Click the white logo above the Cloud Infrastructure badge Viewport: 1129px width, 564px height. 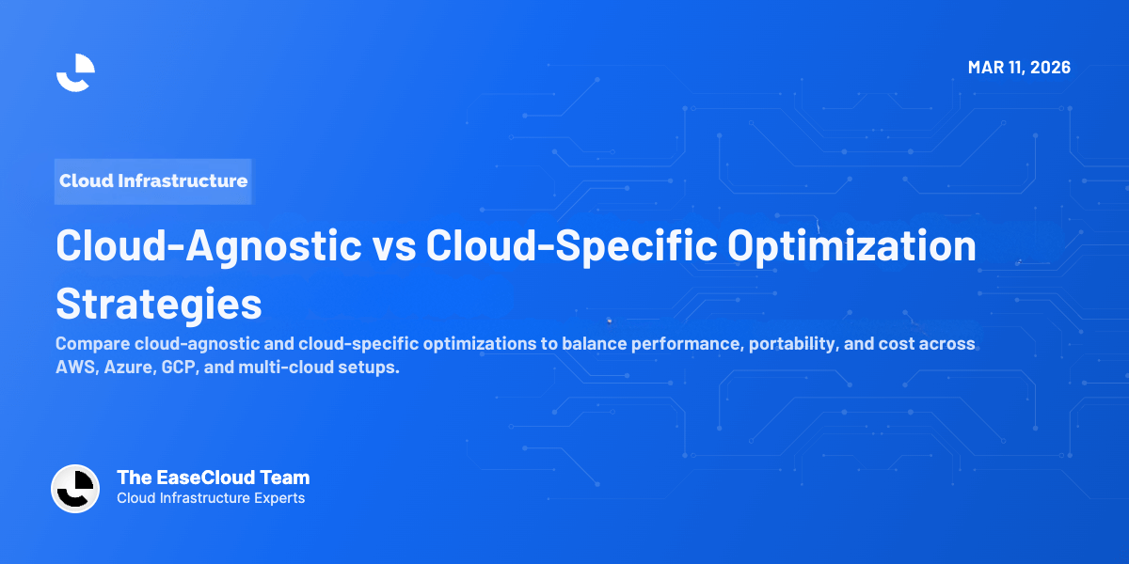click(75, 72)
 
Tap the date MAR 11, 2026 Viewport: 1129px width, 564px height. click(1019, 68)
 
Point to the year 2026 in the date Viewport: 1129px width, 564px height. click(1049, 68)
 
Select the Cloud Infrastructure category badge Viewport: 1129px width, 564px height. click(153, 180)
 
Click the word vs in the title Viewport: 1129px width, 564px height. click(394, 246)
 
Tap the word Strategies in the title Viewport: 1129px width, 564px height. click(159, 304)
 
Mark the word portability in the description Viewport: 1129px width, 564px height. click(790, 344)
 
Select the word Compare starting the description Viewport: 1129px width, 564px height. click(90, 344)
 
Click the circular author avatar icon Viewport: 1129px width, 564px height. click(75, 489)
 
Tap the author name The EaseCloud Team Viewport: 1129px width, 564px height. click(213, 478)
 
